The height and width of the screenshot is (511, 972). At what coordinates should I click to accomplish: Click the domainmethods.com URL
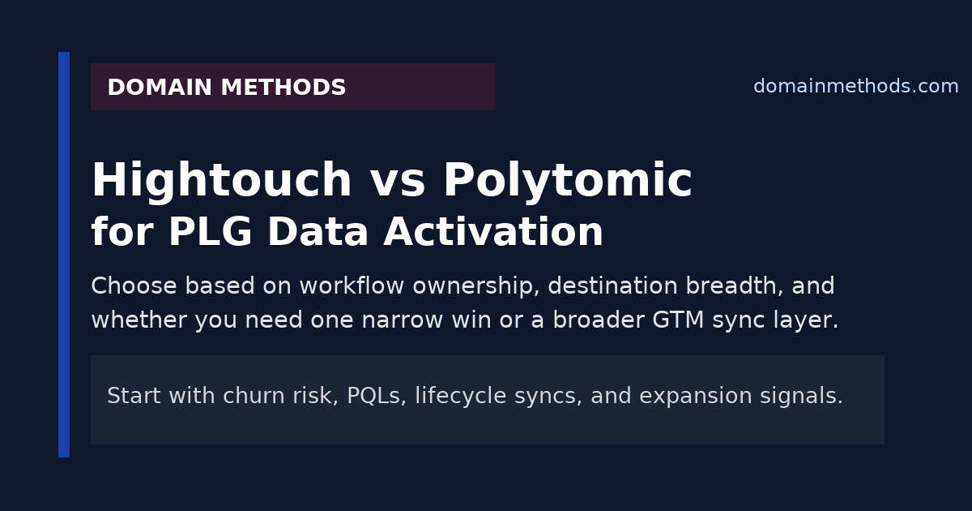pos(855,87)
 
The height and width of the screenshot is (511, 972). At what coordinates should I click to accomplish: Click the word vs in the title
pos(398,182)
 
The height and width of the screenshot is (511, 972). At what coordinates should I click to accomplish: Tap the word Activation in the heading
pos(493,233)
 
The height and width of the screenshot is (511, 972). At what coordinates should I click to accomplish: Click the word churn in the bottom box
pos(251,396)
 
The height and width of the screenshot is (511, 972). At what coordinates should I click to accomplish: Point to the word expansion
pos(685,397)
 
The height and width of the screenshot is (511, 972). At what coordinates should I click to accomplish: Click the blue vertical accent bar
pos(64,255)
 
